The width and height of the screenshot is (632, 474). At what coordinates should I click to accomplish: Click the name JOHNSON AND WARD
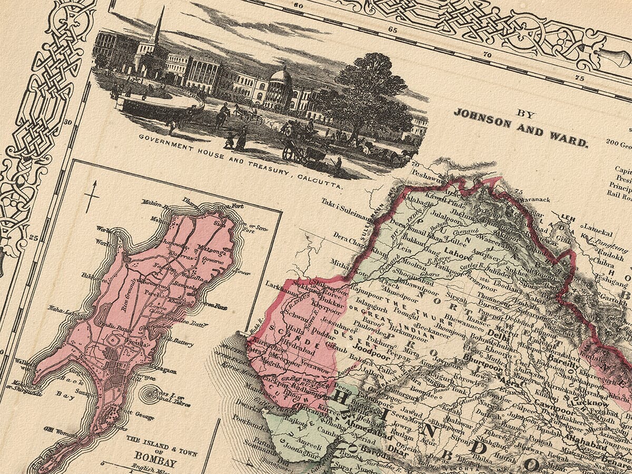click(520, 128)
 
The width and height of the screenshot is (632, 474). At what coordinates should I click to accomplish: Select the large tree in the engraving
click(369, 95)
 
